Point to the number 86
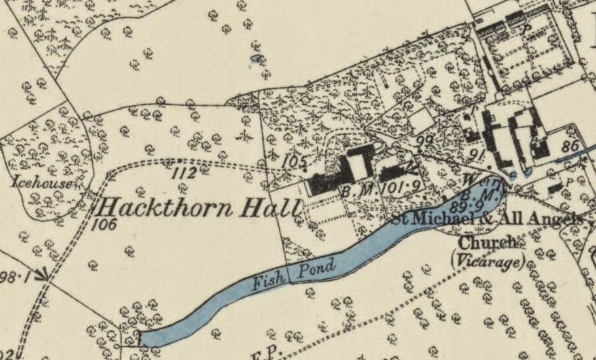click(570, 147)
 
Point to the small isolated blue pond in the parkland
click(256, 60)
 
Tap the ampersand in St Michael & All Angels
click(499, 219)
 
